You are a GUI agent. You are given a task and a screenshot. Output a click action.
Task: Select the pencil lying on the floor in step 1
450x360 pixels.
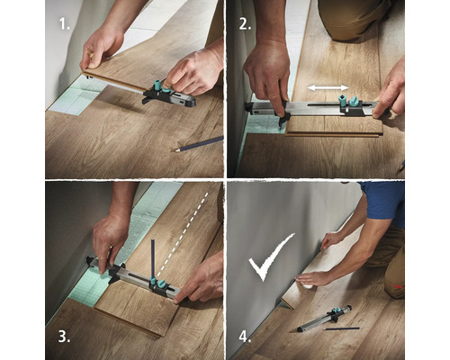click(199, 142)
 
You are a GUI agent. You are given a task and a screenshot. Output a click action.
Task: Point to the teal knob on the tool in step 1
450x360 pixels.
click(161, 86)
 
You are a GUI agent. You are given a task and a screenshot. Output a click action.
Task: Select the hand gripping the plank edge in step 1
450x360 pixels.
click(99, 49)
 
